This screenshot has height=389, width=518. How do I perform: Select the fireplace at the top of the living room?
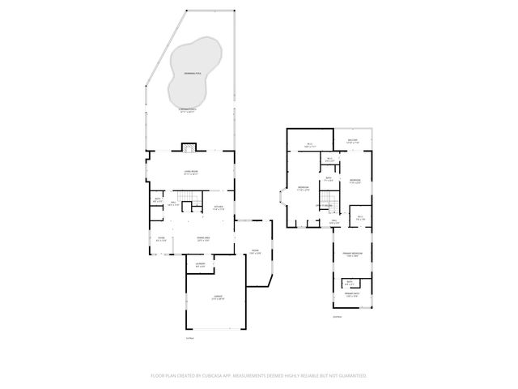coord(189,147)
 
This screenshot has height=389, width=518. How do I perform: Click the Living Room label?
coord(191,172)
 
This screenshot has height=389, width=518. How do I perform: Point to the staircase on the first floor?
coord(188,197)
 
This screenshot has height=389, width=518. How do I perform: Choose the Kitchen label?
coord(219,207)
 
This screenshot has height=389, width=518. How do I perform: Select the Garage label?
coord(217,299)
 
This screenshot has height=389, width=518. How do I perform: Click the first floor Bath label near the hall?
coord(157,199)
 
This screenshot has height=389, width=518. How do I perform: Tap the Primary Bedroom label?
coord(351,255)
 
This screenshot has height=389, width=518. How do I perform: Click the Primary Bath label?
coord(351,295)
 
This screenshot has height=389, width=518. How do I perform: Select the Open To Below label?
coord(326,207)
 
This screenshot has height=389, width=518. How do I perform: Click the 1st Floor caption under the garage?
coord(189,339)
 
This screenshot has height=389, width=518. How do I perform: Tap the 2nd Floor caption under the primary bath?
coord(338,317)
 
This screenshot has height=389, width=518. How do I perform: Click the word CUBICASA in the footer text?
coord(224,376)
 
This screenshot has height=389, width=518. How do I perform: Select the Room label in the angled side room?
coord(255,251)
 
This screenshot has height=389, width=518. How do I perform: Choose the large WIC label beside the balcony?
coord(309,146)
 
